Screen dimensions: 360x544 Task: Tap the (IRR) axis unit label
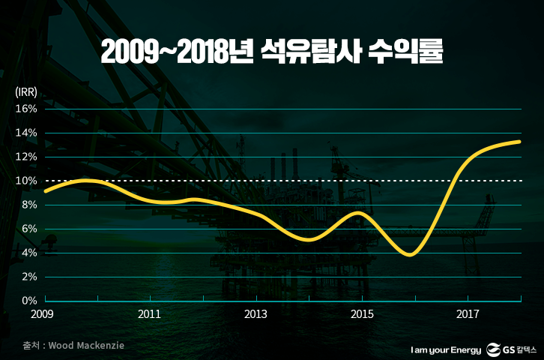[x=26, y=93]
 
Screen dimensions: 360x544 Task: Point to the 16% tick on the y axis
[x=26, y=109]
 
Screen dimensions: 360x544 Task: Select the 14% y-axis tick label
[x=26, y=133]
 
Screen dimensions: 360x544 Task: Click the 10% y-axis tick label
[x=26, y=181]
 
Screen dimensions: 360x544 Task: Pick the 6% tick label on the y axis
[x=28, y=229]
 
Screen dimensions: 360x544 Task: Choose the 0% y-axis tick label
[x=28, y=301]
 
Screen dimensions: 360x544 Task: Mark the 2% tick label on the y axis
[x=28, y=277]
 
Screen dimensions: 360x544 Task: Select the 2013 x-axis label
[x=256, y=314]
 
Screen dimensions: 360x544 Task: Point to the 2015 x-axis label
[x=363, y=314]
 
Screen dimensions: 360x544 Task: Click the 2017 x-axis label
[x=468, y=314]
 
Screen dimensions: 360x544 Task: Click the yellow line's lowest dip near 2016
[x=408, y=254]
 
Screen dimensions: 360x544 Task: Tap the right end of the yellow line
[x=519, y=141]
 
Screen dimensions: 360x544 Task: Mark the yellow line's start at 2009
[x=46, y=191]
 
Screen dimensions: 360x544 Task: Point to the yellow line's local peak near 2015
[x=360, y=214]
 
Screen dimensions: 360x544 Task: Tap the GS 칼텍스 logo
[x=513, y=349]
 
